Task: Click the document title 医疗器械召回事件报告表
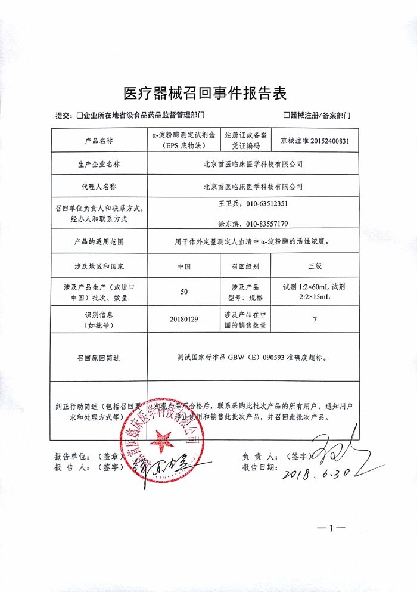coord(205,93)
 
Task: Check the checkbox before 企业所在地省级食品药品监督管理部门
coord(79,116)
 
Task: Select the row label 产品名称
coord(95,141)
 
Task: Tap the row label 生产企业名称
coord(95,163)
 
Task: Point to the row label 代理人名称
coord(95,187)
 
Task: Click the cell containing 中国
coord(184,266)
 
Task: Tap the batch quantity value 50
coord(184,292)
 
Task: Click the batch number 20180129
coord(184,319)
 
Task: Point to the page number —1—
coord(331,528)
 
